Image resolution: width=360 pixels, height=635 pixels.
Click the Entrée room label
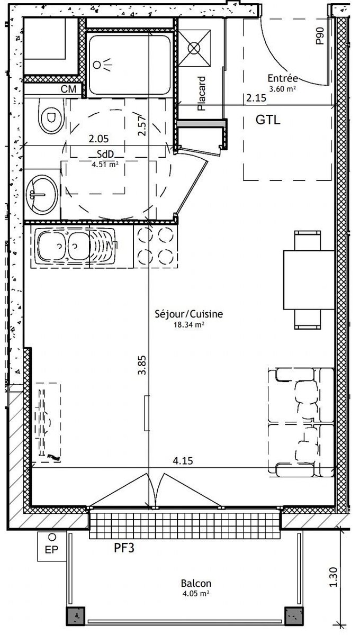click(283, 78)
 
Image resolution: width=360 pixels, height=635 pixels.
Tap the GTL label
click(268, 120)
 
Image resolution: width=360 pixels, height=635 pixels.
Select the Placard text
click(201, 93)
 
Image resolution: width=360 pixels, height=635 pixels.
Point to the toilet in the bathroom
click(51, 116)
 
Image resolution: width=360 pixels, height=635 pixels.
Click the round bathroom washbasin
click(42, 195)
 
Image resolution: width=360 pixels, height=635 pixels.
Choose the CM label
click(68, 89)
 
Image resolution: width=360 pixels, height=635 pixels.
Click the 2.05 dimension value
click(98, 139)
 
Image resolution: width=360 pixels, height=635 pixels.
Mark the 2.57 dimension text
click(142, 125)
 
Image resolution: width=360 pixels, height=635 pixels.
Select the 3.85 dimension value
click(142, 365)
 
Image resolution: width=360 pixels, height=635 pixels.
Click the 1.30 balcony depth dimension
click(334, 577)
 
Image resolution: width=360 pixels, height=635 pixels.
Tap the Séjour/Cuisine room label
click(188, 314)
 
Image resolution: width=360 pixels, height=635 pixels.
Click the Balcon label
click(196, 583)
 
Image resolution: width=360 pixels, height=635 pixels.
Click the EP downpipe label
click(51, 550)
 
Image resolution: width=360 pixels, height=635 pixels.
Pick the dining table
click(309, 280)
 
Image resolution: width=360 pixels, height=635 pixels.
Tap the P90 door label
click(320, 36)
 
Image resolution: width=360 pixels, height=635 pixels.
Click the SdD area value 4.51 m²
click(105, 165)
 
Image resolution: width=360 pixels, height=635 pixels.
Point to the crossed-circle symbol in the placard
click(194, 48)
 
